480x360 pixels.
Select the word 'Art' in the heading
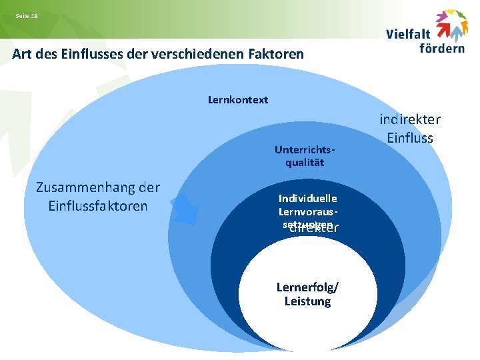[x=22, y=54]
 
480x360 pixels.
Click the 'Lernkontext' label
[x=238, y=100]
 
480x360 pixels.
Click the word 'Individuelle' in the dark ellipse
[x=308, y=198]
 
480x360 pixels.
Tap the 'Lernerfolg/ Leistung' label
[x=307, y=294]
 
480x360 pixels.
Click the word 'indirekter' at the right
[x=410, y=120]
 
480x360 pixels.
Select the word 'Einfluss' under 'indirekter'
[x=410, y=138]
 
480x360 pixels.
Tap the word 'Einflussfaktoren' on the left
[x=97, y=205]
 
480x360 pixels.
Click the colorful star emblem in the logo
[x=451, y=25]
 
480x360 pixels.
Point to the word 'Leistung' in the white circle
[x=307, y=301]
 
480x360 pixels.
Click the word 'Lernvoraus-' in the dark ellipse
[x=308, y=211]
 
